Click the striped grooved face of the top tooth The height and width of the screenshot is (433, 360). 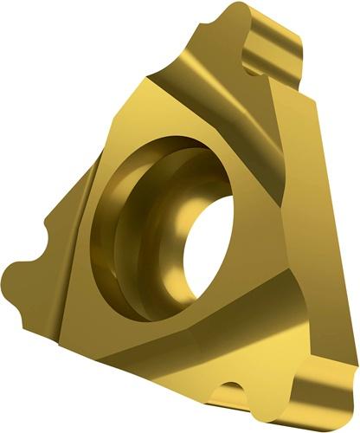(275, 52)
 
